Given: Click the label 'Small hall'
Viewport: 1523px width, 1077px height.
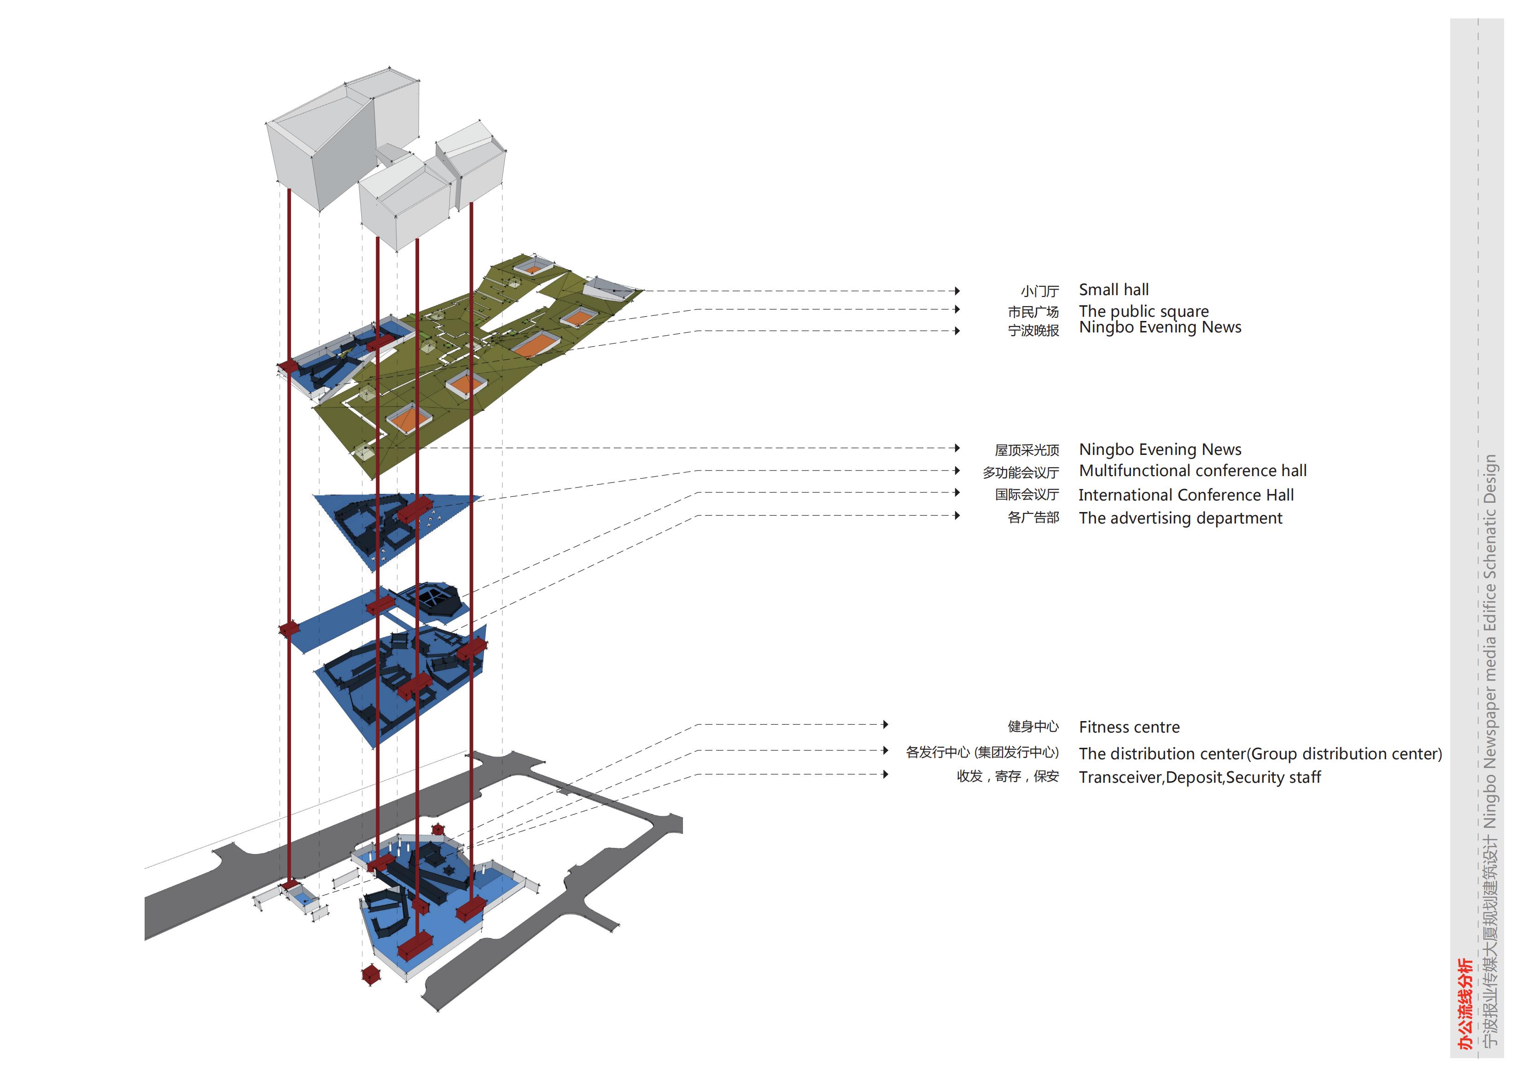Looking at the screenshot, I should point(1113,290).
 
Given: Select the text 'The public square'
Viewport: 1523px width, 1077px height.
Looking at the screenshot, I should point(1143,311).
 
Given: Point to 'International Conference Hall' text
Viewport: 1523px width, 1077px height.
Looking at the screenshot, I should point(1185,495).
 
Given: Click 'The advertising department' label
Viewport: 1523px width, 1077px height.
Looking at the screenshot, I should point(1180,518).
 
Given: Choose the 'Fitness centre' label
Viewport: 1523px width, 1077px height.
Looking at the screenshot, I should point(1129,727).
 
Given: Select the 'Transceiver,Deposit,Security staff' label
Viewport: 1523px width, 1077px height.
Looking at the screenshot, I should point(1199,777).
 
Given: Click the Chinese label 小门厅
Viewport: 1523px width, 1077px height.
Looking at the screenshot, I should point(1039,291).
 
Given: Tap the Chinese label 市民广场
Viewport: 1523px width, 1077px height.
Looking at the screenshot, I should point(1033,312).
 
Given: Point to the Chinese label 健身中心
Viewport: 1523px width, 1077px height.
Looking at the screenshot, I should point(1033,727).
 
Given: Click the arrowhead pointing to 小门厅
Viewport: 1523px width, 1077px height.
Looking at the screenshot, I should point(957,291).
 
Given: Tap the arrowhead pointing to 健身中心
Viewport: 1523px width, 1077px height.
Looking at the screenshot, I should point(886,724).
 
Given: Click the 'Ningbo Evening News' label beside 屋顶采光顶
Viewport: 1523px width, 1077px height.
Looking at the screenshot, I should point(1160,450).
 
